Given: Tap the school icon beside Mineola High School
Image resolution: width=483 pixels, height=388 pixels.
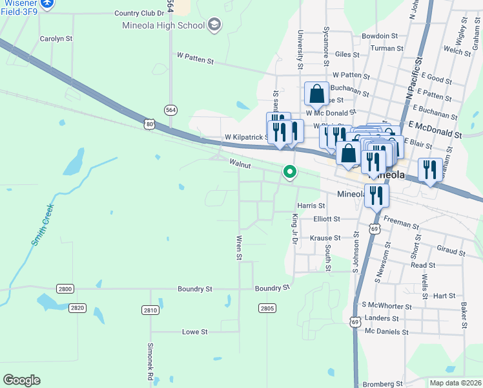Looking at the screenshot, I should click(x=214, y=25).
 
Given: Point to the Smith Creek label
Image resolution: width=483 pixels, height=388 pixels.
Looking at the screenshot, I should click(x=41, y=224).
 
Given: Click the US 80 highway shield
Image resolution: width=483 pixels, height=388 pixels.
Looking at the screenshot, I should click(x=150, y=124).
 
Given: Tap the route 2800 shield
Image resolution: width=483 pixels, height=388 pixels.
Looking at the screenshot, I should click(x=65, y=288).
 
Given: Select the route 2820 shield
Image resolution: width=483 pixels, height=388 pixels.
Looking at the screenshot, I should click(x=78, y=308).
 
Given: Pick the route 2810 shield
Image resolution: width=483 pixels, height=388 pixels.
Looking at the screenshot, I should click(x=150, y=310).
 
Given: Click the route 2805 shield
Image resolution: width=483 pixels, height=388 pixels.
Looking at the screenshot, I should click(x=267, y=308).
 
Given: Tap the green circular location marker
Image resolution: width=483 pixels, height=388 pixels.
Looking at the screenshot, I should click(x=290, y=172).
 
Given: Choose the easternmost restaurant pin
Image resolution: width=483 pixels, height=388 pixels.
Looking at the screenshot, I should click(x=430, y=169).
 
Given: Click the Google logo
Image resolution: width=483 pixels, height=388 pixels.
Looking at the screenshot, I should click(x=21, y=380).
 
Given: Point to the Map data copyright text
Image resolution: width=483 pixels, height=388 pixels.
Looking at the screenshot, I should click(x=455, y=383).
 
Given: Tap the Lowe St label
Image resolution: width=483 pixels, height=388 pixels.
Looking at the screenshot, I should click(x=194, y=332).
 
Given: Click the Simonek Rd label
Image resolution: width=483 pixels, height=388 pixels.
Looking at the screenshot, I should click(x=150, y=365).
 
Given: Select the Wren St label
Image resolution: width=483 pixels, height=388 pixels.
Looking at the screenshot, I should click(x=238, y=248).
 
